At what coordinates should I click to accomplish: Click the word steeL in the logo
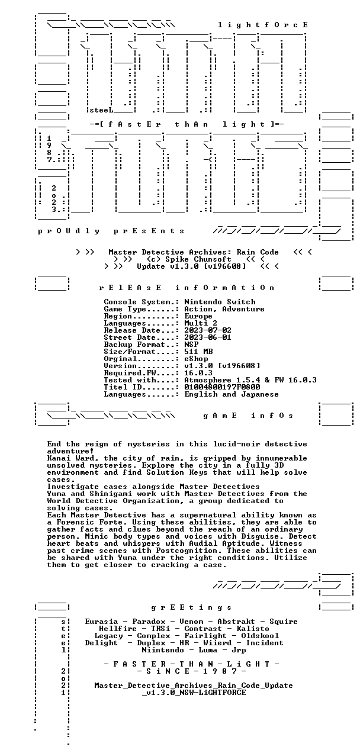101,110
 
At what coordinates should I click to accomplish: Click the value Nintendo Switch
220,302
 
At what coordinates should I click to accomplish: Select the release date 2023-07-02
208,330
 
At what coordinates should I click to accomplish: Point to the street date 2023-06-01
208,337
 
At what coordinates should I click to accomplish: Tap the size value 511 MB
198,351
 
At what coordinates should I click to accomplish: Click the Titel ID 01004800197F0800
222,387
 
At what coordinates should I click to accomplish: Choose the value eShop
196,359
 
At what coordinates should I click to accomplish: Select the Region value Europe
198,316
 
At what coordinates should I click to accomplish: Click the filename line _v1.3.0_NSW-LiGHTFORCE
194,693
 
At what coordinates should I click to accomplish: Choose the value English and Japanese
232,394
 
